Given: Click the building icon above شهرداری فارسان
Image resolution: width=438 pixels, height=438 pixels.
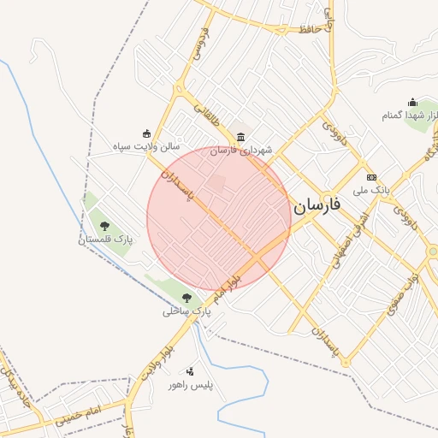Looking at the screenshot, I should tap(240, 138).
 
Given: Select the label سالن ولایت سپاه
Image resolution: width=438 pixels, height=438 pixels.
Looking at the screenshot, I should tap(146, 147).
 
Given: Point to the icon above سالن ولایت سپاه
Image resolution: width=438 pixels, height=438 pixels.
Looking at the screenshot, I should tap(146, 133).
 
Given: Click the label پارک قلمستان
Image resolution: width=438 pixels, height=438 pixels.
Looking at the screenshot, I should tap(106, 240).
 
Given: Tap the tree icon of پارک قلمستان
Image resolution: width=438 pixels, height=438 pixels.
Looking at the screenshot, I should tap(105, 227).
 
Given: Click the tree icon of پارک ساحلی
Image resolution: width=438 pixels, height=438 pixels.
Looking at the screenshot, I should tap(186, 298).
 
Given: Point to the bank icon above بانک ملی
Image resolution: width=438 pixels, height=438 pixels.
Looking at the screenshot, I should tap(371, 177).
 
